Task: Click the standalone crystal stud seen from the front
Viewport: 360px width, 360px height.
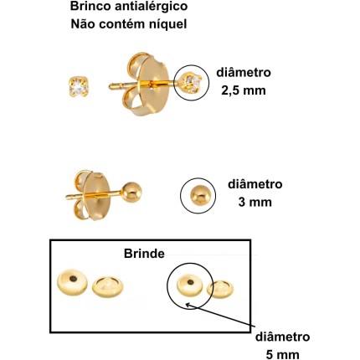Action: click(x=79, y=87)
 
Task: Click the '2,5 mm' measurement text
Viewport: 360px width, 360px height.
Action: click(x=244, y=90)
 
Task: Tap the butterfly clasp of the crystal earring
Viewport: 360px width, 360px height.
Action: click(x=145, y=85)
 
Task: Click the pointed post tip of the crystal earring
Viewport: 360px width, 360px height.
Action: click(x=111, y=87)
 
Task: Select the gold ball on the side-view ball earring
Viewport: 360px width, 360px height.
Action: click(x=131, y=192)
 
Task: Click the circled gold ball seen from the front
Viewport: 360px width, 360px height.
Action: click(x=198, y=195)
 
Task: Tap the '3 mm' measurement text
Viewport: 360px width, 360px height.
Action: click(x=255, y=202)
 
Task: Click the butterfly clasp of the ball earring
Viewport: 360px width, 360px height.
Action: click(x=92, y=195)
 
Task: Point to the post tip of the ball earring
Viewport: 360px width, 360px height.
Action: click(x=67, y=198)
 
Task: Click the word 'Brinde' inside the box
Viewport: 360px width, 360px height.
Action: click(x=144, y=254)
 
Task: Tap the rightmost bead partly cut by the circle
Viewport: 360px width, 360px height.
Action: click(x=220, y=289)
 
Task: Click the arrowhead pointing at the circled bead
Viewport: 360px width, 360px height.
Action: click(x=188, y=305)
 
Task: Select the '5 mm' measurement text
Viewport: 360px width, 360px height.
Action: click(x=283, y=355)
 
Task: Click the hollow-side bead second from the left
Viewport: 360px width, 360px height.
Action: click(x=107, y=287)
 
